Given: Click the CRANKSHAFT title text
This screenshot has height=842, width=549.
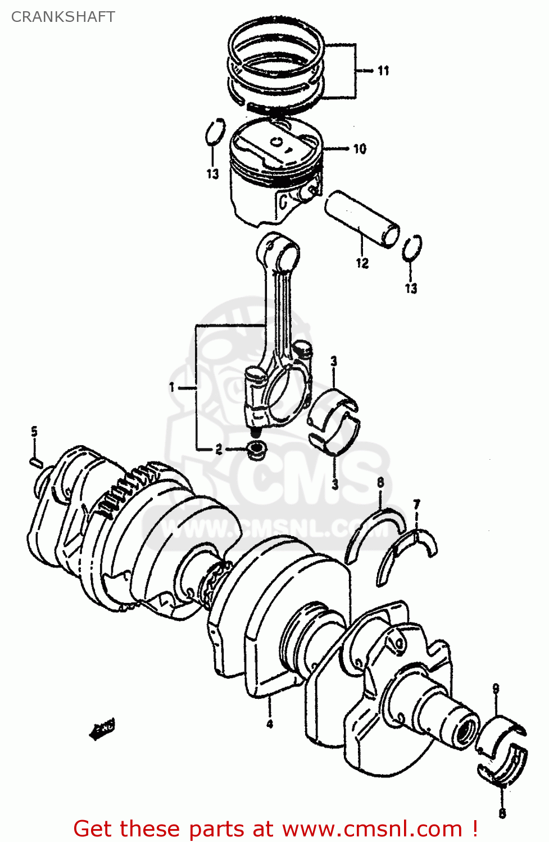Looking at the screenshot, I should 63,17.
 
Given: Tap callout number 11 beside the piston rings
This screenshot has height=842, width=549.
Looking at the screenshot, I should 383,71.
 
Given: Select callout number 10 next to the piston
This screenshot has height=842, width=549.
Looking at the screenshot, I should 360,149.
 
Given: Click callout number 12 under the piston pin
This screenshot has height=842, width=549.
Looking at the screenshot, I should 362,263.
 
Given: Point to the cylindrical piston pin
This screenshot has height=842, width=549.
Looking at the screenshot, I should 362,218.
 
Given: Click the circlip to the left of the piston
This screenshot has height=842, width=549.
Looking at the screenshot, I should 214,132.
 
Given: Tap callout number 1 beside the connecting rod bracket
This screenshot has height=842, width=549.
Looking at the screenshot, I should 173,387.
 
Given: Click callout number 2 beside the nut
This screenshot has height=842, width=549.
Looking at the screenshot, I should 219,449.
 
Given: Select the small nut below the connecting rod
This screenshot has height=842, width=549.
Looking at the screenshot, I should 257,449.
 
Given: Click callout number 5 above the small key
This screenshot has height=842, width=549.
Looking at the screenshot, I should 34,432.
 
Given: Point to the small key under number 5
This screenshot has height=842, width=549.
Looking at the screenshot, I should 35,462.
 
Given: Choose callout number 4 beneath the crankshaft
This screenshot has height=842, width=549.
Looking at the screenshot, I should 270,724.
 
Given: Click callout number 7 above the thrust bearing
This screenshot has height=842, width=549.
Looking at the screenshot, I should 416,505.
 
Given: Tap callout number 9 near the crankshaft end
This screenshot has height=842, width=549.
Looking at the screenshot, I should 496,688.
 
